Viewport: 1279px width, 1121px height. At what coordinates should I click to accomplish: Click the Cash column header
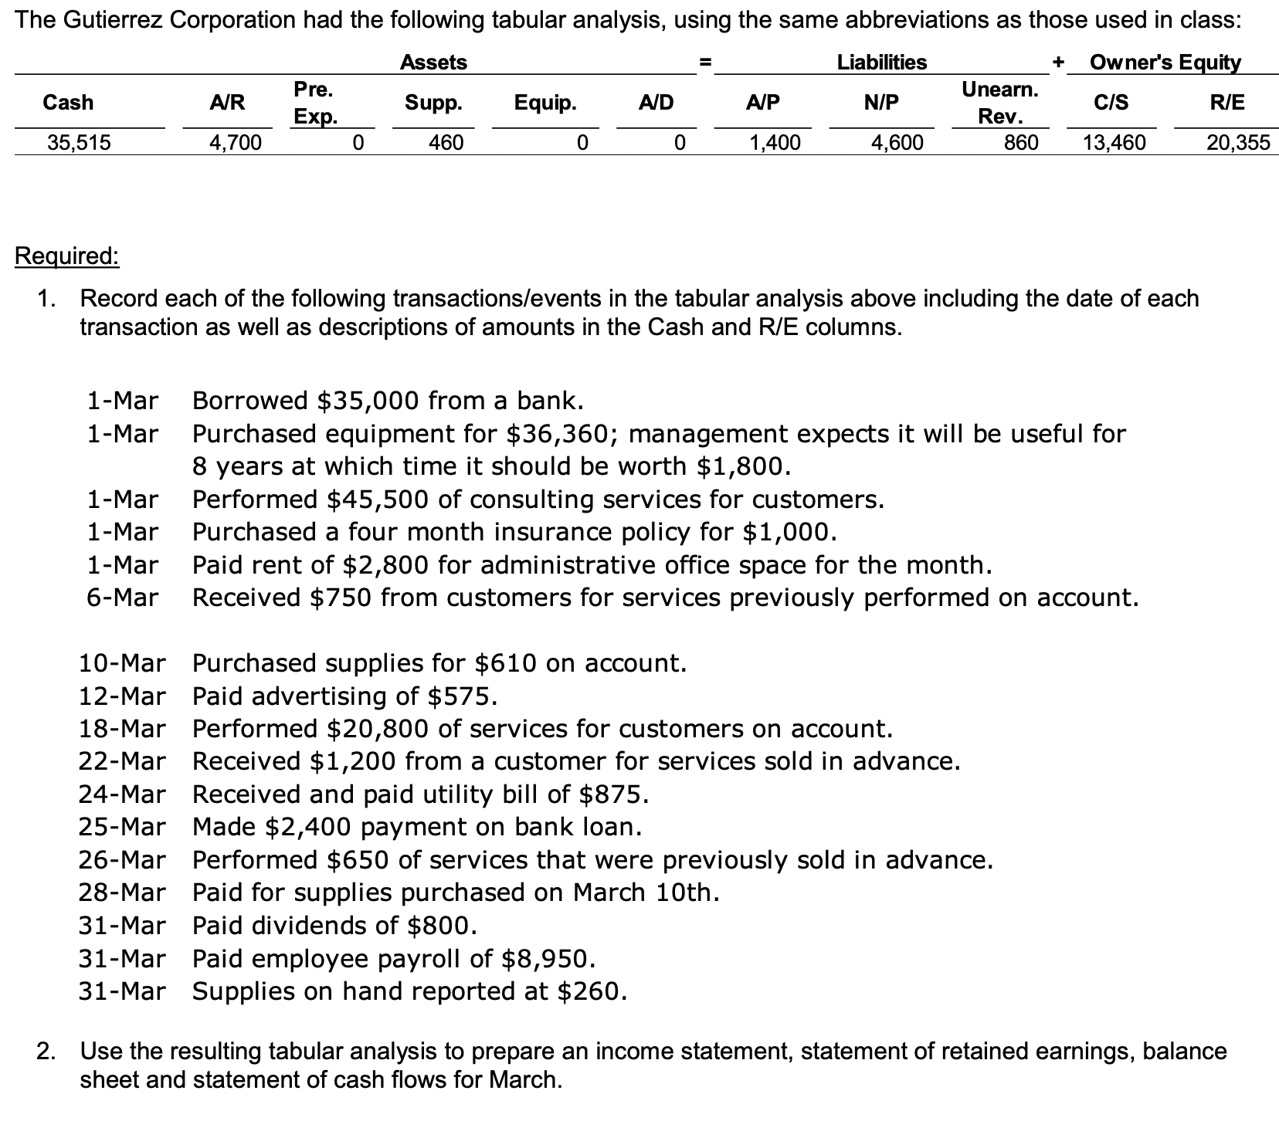point(68,103)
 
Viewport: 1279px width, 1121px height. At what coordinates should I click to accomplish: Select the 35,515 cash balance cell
point(79,143)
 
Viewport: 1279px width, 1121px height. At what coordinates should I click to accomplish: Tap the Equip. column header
point(545,103)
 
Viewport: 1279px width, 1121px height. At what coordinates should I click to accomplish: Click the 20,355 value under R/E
point(1238,143)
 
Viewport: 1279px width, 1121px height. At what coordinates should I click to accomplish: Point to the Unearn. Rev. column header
point(999,103)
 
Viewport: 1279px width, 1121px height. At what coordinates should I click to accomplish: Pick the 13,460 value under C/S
point(1114,143)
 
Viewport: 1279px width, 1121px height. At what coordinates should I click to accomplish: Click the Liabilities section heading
point(882,63)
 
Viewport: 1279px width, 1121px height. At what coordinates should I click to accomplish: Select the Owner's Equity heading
point(1165,63)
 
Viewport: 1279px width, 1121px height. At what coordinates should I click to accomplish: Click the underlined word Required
point(67,256)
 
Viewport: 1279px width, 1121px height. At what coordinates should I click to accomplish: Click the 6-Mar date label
point(122,598)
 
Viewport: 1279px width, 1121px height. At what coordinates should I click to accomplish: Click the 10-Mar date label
point(122,663)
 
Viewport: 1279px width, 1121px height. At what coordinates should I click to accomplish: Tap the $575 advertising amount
point(462,696)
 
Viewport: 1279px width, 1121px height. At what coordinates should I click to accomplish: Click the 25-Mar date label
point(122,828)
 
